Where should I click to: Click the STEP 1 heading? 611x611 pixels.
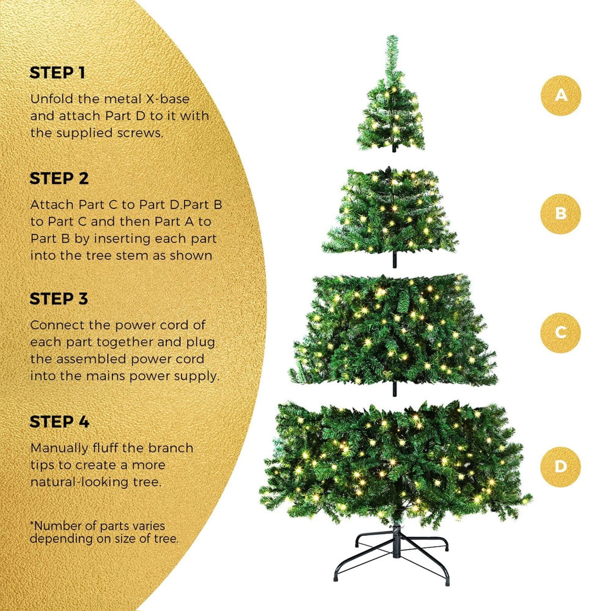coord(57,73)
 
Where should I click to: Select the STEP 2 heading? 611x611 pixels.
coord(59,178)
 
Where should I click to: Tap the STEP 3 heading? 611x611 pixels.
coord(59,299)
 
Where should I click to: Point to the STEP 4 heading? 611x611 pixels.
coord(59,422)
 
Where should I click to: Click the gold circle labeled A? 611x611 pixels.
coord(561,95)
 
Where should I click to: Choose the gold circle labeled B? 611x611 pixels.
coord(560,213)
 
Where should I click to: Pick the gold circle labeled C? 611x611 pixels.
coord(560,332)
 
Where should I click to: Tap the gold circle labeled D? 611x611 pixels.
coord(560,466)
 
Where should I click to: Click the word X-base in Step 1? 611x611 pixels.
coord(167,99)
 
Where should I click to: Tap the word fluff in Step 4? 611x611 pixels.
coord(105,448)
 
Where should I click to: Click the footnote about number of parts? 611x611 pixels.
coord(104,532)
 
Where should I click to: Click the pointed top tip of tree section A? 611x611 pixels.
coord(392,36)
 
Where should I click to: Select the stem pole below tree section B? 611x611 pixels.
coord(394,260)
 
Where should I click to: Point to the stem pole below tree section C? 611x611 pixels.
coord(394,389)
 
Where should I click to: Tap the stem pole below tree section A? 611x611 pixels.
coord(393,148)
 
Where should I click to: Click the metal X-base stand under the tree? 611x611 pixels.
coord(392,554)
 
